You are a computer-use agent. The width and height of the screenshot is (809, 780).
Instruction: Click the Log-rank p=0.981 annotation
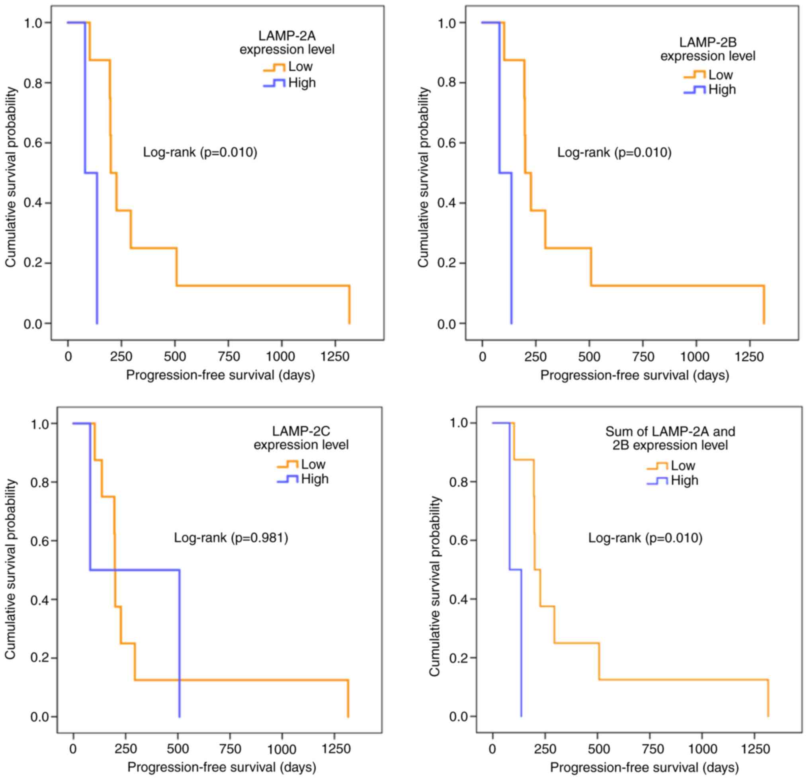pos(231,538)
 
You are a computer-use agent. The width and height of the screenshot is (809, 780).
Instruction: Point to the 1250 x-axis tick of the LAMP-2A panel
pos(335,356)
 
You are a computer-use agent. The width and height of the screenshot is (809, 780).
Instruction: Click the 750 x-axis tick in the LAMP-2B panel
pos(643,356)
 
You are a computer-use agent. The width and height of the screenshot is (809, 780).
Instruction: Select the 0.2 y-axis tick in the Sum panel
pos(458,658)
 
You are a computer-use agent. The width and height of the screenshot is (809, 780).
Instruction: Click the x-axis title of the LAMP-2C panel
pos(222,767)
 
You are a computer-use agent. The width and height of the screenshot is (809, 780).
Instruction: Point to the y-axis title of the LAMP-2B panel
pos(424,178)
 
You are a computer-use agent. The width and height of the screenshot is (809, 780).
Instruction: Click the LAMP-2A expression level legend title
pos(287,43)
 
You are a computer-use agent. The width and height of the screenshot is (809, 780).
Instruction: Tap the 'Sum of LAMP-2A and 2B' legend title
pos(670,438)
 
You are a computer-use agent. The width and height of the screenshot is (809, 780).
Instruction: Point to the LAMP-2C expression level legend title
pos(301,438)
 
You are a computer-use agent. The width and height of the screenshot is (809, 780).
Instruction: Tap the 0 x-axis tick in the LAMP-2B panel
pos(482,356)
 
